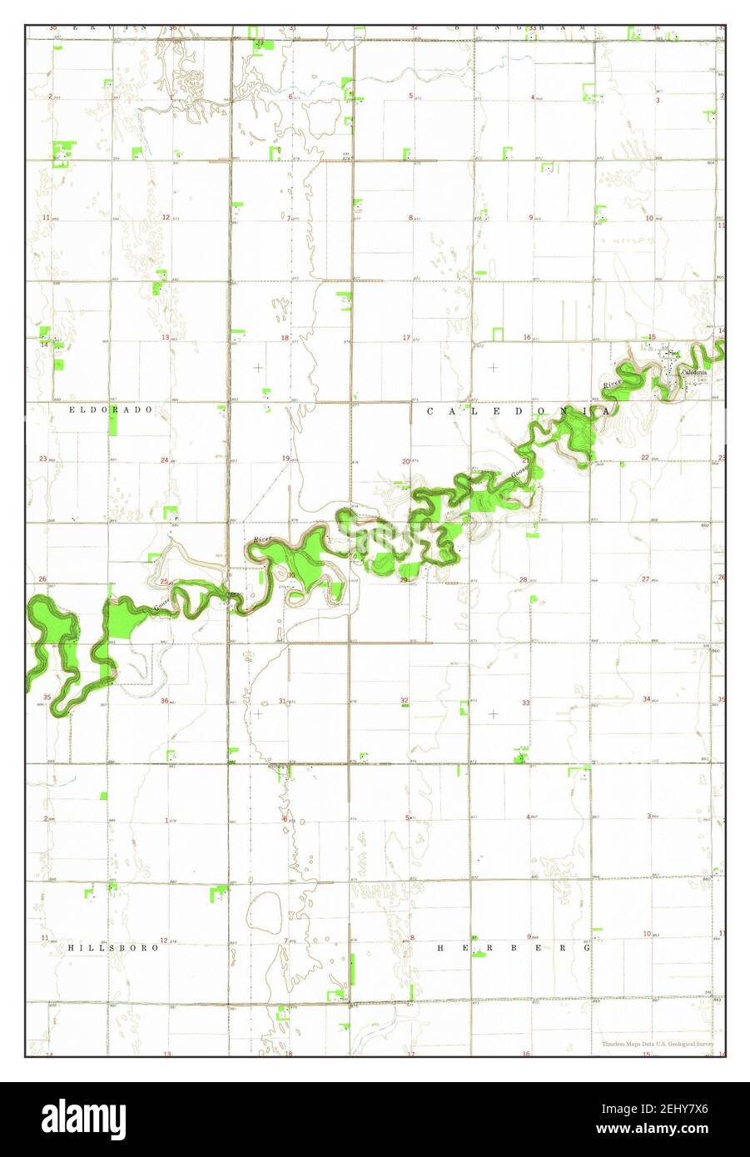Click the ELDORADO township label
[x=111, y=410]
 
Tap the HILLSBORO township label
[x=113, y=947]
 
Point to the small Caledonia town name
[x=693, y=372]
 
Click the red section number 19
[x=286, y=459]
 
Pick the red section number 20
[x=406, y=461]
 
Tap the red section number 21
[x=526, y=460]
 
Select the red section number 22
[x=645, y=458]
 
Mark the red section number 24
[x=165, y=460]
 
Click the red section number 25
[x=165, y=581]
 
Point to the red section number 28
[x=524, y=579]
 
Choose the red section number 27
[x=645, y=578]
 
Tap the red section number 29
[x=404, y=579]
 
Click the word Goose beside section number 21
[x=517, y=474]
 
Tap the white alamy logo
[x=82, y=1115]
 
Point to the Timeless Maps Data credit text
[x=658, y=1044]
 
